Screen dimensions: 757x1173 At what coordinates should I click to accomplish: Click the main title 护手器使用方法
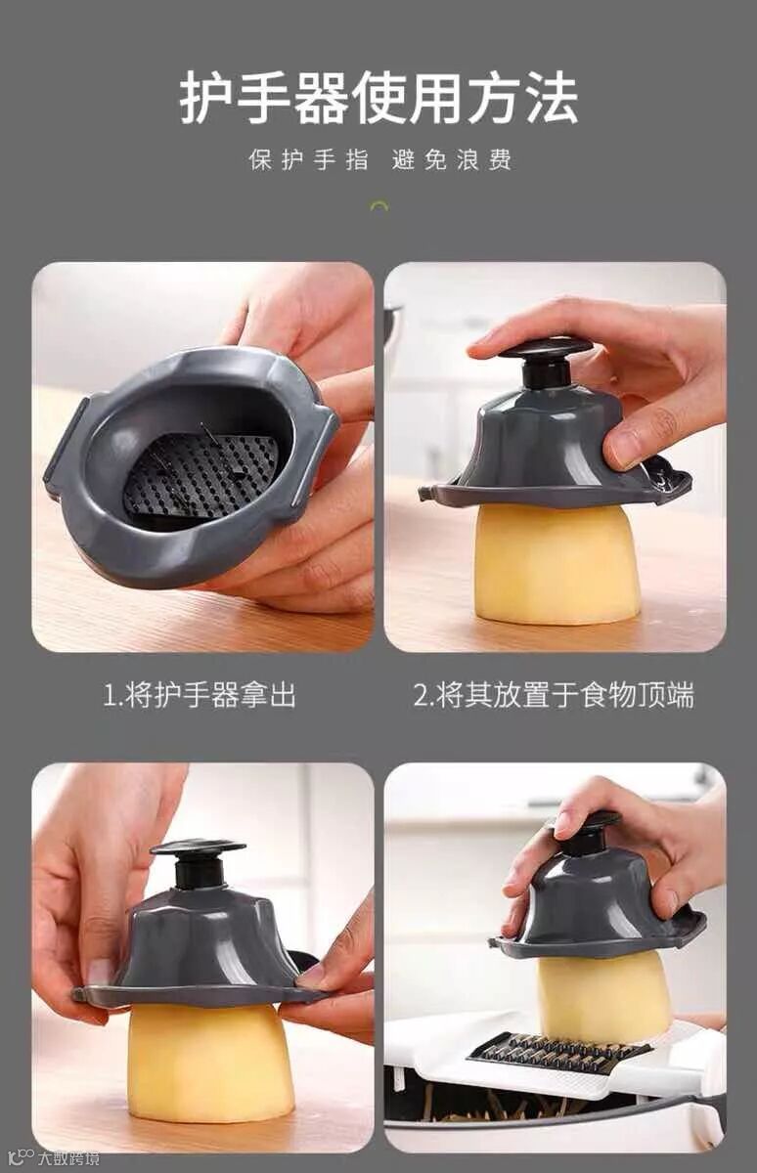(x=378, y=99)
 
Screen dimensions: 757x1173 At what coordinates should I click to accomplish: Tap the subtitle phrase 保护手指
(x=309, y=159)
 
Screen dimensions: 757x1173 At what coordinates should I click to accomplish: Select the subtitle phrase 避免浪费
(x=452, y=159)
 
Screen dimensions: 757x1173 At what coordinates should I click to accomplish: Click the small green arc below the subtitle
(x=379, y=206)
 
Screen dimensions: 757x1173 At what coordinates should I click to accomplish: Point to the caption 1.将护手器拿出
(x=200, y=695)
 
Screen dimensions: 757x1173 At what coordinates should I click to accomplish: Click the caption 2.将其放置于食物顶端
(x=555, y=695)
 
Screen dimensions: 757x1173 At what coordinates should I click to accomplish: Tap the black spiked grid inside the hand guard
(x=201, y=475)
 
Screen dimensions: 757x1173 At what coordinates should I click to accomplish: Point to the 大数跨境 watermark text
(x=67, y=1157)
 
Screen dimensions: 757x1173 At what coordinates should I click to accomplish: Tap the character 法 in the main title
(x=552, y=99)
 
